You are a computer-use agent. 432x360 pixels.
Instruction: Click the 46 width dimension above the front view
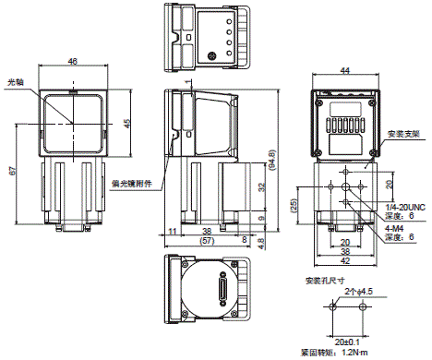72,62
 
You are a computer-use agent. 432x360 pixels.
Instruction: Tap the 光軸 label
16,81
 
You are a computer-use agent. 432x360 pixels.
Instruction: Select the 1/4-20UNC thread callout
405,206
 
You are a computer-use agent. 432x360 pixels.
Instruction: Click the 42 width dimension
344,259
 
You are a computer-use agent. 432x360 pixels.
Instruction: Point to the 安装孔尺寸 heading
321,281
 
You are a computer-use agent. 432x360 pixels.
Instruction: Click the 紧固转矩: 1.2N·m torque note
345,354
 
